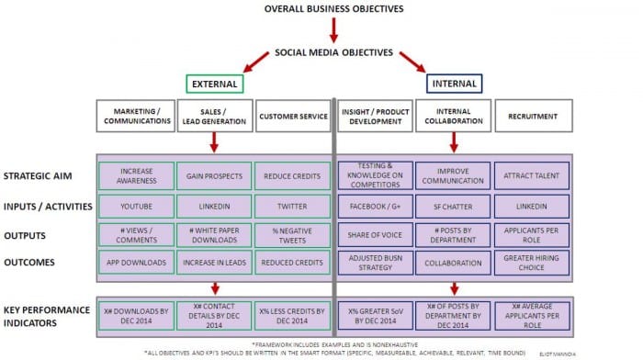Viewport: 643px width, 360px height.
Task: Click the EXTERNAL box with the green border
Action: (x=214, y=84)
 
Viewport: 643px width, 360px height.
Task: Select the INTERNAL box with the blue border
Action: (x=455, y=84)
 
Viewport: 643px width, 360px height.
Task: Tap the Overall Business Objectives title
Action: (x=333, y=8)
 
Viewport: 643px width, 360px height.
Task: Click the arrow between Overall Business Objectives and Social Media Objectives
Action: (x=333, y=30)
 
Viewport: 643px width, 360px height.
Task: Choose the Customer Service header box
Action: (x=292, y=116)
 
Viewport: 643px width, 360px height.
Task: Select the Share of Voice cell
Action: (x=374, y=234)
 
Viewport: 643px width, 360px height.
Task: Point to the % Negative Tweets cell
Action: (x=292, y=234)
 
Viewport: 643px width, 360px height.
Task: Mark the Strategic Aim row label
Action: (x=39, y=175)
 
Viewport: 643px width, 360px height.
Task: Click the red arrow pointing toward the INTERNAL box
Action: (x=411, y=63)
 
